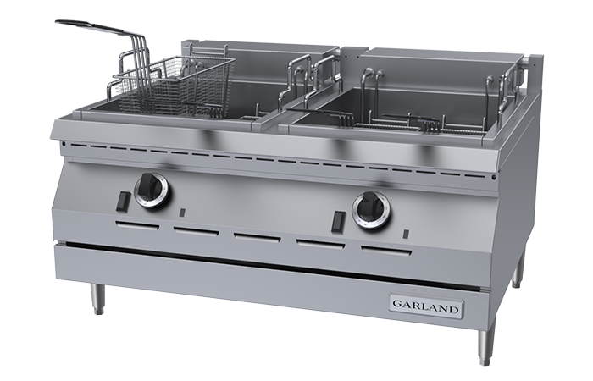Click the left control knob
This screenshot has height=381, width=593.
152,191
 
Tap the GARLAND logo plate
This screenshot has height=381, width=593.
427,303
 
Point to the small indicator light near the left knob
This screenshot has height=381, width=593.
182,213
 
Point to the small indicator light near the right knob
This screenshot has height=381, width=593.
406,235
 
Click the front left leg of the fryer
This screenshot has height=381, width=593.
97,299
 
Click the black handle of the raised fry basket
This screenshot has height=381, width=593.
90,26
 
